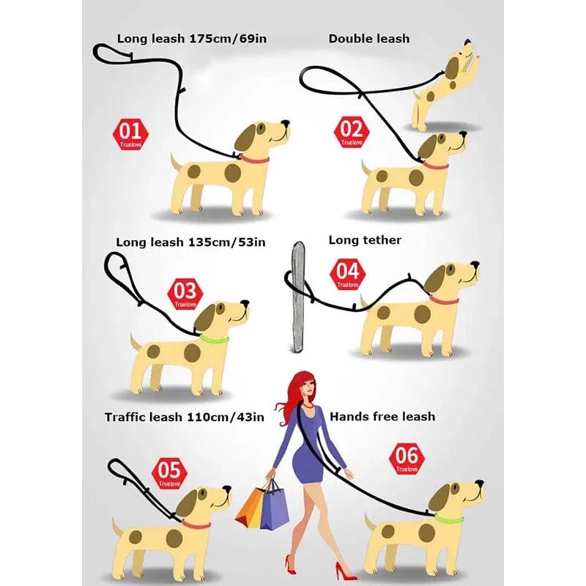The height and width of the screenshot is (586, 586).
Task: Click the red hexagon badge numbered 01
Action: click(130, 135)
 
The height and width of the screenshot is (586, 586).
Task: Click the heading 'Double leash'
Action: click(368, 38)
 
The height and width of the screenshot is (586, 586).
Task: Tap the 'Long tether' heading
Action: click(365, 240)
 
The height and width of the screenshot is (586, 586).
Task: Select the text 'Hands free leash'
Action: click(382, 416)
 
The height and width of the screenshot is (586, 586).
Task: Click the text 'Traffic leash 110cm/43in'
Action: click(184, 417)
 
